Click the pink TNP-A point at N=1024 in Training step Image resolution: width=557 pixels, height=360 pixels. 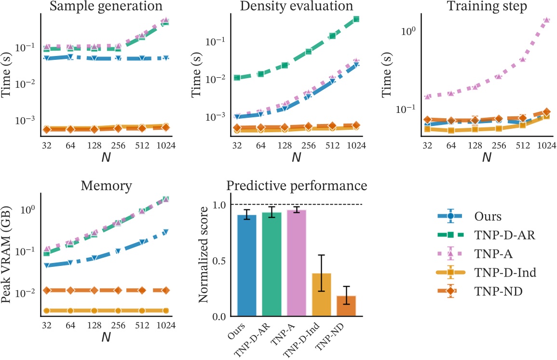(546, 20)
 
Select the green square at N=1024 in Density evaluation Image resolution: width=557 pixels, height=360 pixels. (356, 19)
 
